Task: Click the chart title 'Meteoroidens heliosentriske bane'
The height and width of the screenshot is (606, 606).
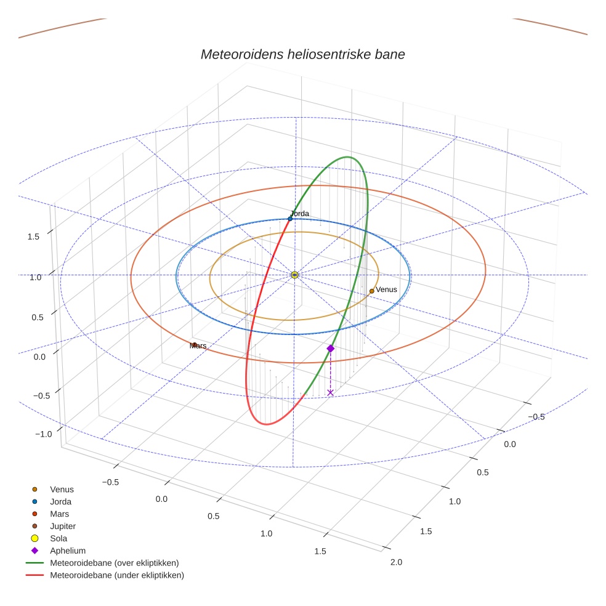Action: pyautogui.click(x=302, y=54)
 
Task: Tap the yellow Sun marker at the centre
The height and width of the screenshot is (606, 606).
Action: pyautogui.click(x=294, y=275)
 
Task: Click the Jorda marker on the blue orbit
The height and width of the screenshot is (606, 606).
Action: pyautogui.click(x=290, y=219)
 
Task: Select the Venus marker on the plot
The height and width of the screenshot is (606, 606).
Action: pyautogui.click(x=372, y=291)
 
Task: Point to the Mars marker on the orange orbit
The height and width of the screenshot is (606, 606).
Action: pyautogui.click(x=194, y=345)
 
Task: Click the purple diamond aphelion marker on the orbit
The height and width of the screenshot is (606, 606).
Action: pyautogui.click(x=331, y=349)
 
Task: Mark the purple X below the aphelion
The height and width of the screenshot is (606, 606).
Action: pyautogui.click(x=331, y=392)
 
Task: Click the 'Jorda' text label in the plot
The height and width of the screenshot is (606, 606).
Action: pyautogui.click(x=300, y=214)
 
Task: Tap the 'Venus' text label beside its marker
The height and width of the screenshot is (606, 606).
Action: pyautogui.click(x=387, y=289)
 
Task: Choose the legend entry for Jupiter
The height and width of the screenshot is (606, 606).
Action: pyautogui.click(x=62, y=526)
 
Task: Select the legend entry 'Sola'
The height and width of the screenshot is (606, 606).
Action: pyautogui.click(x=59, y=538)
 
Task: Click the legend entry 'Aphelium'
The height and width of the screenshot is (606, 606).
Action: pyautogui.click(x=67, y=551)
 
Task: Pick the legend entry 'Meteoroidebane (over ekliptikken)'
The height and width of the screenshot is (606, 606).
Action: pyautogui.click(x=114, y=563)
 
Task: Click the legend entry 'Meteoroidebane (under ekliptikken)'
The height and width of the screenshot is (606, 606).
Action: pyautogui.click(x=116, y=575)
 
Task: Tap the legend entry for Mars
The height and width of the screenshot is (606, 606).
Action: pyautogui.click(x=59, y=514)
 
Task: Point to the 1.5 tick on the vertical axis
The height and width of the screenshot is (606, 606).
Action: pyautogui.click(x=34, y=236)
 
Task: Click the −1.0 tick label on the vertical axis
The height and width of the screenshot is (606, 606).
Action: pyautogui.click(x=44, y=434)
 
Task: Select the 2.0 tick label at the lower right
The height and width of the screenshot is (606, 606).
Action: pyautogui.click(x=396, y=562)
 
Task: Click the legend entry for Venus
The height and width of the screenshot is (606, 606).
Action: pyautogui.click(x=62, y=489)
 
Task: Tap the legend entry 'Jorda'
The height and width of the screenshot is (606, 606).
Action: pyautogui.click(x=60, y=501)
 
